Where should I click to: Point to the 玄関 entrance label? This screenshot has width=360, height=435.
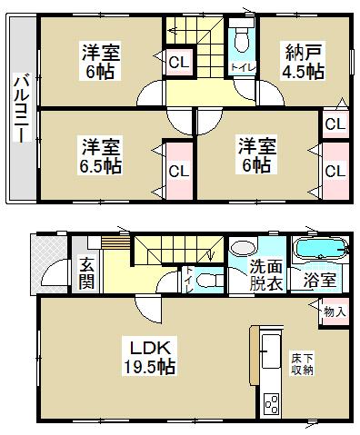[86, 272]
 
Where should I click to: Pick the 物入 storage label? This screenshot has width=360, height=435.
[334, 311]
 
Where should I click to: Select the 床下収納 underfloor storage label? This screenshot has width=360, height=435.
[303, 362]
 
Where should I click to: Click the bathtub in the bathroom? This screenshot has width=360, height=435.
[318, 249]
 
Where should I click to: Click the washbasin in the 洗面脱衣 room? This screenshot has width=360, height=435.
[243, 248]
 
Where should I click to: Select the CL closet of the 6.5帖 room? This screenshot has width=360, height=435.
[178, 170]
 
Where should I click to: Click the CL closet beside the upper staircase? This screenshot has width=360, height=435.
[178, 63]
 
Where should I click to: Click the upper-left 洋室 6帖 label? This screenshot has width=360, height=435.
[99, 61]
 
